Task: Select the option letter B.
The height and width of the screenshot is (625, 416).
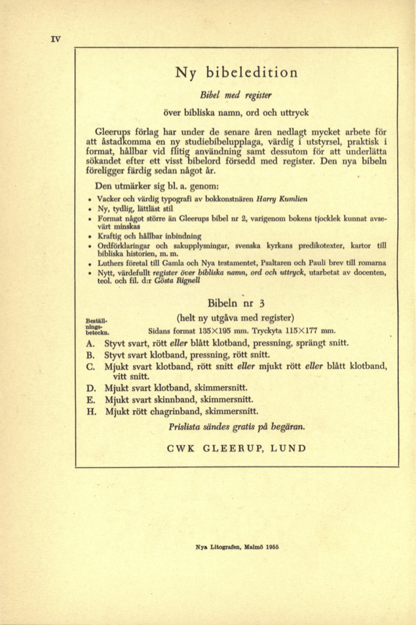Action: point(90,356)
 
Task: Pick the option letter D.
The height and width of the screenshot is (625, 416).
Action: point(90,389)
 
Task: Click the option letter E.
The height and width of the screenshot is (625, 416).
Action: point(90,401)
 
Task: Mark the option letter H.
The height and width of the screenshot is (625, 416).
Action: point(90,413)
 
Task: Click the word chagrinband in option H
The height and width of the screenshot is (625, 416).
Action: point(194,413)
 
